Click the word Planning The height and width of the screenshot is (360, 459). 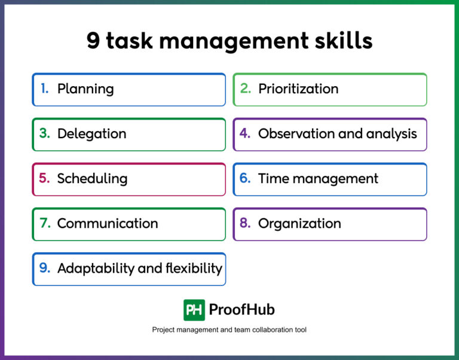(x=85, y=89)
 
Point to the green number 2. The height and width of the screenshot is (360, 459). (x=245, y=89)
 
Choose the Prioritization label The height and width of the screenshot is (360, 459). (x=298, y=89)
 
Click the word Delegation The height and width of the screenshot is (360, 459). (x=91, y=133)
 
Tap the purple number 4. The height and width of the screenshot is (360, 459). (x=245, y=133)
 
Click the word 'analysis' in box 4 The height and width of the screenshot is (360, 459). (x=392, y=133)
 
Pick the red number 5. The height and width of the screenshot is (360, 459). (x=44, y=178)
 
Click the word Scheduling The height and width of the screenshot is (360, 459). (x=92, y=178)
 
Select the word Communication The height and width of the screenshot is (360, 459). (x=108, y=224)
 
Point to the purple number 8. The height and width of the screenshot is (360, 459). (x=245, y=223)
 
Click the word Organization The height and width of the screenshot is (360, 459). (x=299, y=224)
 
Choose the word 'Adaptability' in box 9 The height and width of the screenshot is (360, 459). (x=96, y=269)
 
